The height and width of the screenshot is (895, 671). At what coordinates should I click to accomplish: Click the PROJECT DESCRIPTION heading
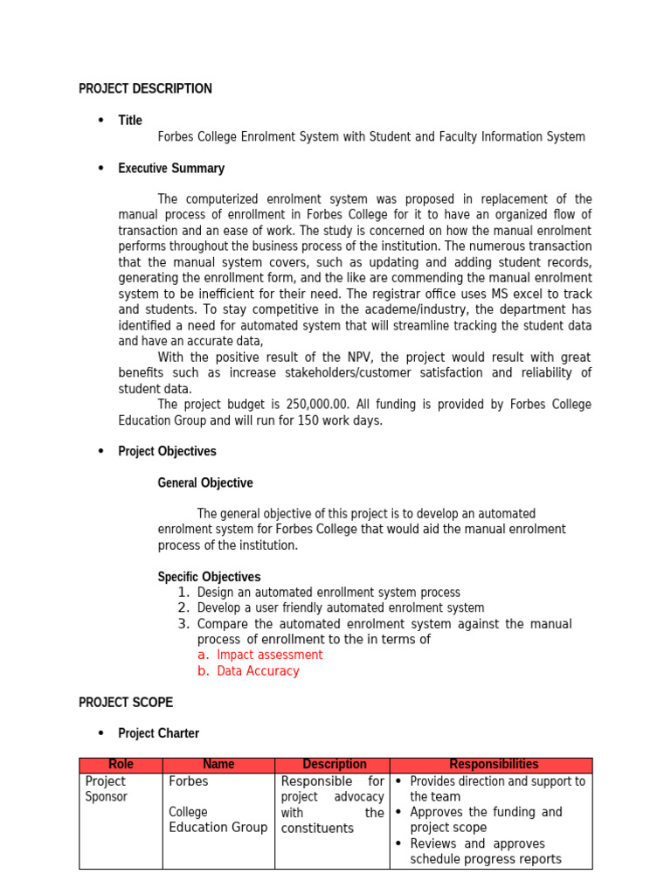(145, 88)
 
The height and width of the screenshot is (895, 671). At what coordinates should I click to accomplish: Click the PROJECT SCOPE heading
(126, 702)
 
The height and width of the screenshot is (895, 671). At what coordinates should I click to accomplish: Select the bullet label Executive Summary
(171, 168)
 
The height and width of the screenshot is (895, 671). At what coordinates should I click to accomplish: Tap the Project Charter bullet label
(158, 733)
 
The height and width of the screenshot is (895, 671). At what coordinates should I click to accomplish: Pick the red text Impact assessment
(269, 655)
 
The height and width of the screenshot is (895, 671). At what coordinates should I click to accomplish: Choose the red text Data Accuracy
(258, 671)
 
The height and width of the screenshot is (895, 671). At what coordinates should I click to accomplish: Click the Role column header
(121, 765)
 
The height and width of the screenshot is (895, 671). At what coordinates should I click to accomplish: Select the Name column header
(218, 765)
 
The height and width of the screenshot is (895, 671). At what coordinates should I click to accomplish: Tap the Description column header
(334, 765)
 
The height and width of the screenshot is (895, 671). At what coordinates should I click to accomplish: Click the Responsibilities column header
(494, 765)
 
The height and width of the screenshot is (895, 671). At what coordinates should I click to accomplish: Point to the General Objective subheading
(205, 482)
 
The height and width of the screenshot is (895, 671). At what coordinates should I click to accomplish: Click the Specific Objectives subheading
(209, 577)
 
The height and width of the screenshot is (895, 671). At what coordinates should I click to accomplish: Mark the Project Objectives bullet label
(167, 451)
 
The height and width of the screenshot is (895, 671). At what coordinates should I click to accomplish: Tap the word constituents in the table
(317, 829)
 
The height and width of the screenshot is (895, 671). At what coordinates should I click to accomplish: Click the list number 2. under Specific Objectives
(183, 607)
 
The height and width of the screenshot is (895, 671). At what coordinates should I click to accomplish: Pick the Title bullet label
(130, 121)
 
